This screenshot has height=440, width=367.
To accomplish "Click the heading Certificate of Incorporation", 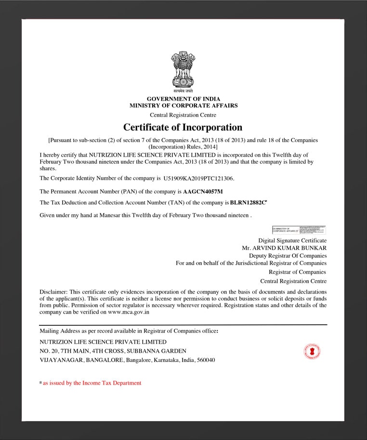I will tap(183, 127).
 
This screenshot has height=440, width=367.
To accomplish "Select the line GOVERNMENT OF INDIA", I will tap(183, 99).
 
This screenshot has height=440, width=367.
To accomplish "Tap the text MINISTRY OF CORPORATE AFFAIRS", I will tap(183, 106).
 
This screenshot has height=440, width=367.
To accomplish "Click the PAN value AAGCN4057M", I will tap(203, 192).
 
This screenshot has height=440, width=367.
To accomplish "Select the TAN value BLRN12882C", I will tap(248, 203).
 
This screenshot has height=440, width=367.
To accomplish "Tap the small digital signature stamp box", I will tap(299, 230).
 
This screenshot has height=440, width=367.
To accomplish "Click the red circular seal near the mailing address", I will tap(312, 351).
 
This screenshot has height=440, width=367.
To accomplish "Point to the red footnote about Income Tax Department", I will tap(92, 383).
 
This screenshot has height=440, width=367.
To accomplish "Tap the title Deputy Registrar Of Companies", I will tap(288, 255).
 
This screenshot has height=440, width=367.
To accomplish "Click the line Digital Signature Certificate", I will tap(292, 240).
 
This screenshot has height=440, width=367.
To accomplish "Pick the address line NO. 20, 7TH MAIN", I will tap(113, 351).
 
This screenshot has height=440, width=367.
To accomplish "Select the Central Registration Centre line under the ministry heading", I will tap(183, 115).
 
